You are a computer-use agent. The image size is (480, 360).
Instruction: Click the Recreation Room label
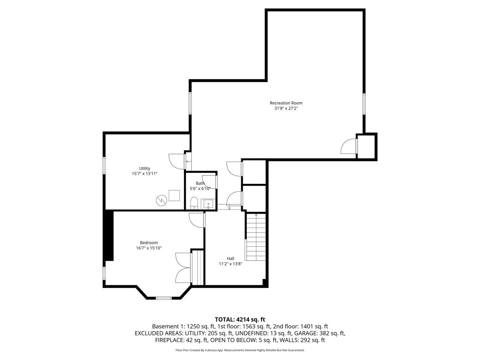click(286, 103)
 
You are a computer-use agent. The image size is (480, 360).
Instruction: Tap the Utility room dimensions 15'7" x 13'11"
click(144, 174)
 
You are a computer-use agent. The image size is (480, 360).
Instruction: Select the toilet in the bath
click(194, 203)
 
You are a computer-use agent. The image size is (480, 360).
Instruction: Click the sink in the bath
click(208, 204)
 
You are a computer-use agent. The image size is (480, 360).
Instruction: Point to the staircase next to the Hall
click(256, 237)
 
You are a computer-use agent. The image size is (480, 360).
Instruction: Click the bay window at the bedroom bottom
click(164, 298)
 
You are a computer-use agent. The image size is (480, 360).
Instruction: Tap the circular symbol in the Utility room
click(161, 200)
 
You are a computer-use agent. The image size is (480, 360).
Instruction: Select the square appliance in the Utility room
click(174, 196)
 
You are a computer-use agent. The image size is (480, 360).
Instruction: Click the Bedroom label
click(149, 243)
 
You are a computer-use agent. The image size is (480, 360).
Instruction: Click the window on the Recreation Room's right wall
click(364, 104)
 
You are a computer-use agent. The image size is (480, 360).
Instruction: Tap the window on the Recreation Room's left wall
click(190, 103)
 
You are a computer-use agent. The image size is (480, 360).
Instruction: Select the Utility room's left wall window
click(104, 166)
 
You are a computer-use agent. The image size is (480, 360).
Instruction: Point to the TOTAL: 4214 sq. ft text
click(240, 320)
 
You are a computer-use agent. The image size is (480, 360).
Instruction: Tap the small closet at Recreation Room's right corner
click(366, 147)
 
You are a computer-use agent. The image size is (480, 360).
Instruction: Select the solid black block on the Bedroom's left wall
click(109, 236)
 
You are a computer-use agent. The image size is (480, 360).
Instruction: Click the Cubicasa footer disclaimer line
click(240, 350)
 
